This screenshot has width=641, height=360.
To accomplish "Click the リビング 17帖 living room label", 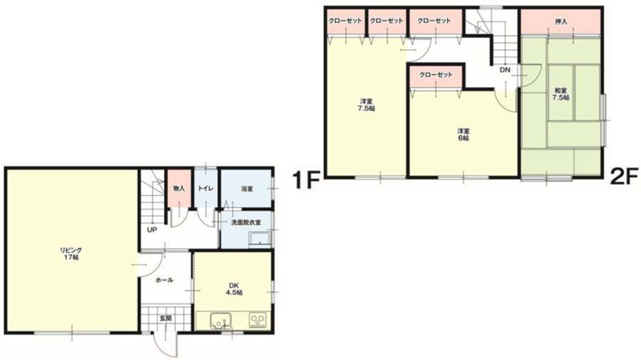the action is (x=71, y=254).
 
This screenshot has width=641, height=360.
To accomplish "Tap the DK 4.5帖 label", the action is (x=234, y=289).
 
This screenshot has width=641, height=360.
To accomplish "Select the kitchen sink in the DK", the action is (x=221, y=321).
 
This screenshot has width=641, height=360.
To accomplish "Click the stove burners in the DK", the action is (x=258, y=320).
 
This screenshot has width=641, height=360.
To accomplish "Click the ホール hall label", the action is (x=165, y=280).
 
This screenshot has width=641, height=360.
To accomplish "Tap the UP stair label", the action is (x=152, y=230).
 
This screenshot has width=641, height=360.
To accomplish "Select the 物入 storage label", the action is (x=179, y=189).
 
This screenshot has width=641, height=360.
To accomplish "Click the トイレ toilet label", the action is (x=205, y=189).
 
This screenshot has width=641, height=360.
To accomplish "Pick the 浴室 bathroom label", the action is (x=247, y=189).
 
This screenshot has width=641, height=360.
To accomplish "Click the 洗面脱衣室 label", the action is (x=246, y=222).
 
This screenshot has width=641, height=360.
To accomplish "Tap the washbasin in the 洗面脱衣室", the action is (x=260, y=239).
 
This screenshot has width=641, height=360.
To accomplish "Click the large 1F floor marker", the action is (x=306, y=180).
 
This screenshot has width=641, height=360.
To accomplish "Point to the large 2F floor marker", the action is (x=624, y=177).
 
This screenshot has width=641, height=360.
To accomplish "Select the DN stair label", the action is (x=505, y=70).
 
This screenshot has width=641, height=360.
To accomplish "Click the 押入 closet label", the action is (x=562, y=21).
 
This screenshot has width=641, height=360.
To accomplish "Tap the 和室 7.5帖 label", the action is (x=561, y=94).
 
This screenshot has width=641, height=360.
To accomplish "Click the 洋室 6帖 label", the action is (x=463, y=134).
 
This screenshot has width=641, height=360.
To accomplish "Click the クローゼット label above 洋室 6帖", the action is (x=436, y=75).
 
